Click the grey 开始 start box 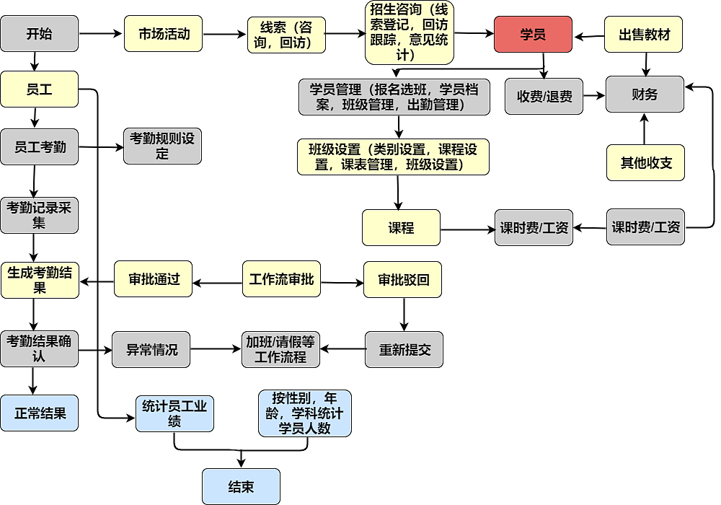(x=39, y=34)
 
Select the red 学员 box (x=533, y=34)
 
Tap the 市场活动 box (x=163, y=34)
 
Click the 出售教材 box (x=644, y=34)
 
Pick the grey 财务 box (x=644, y=95)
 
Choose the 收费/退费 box (x=544, y=96)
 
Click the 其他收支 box (x=645, y=162)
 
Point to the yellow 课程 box (x=401, y=228)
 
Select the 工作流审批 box (x=281, y=279)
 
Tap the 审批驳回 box (x=404, y=279)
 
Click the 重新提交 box (x=404, y=350)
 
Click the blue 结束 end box (x=241, y=486)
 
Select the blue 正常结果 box (x=39, y=413)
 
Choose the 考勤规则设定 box (x=162, y=146)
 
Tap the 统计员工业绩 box (x=174, y=413)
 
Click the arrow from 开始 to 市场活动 (x=101, y=33)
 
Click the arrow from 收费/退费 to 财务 (x=594, y=95)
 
